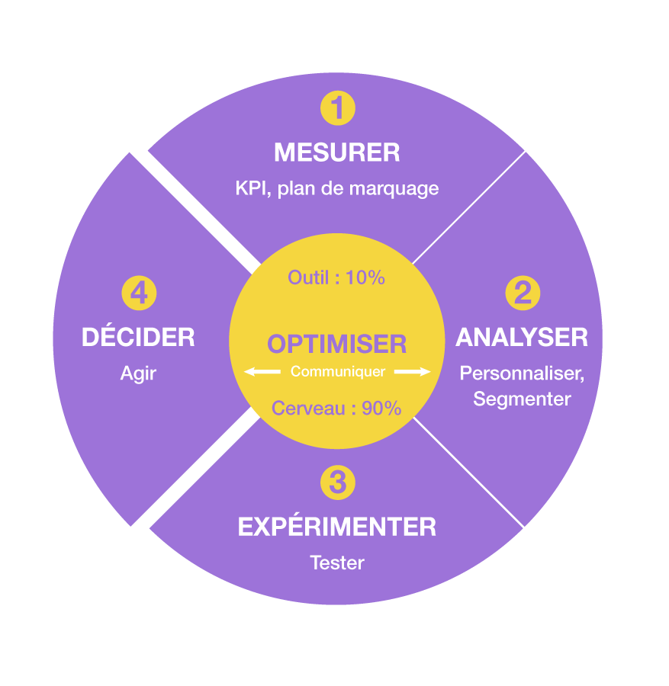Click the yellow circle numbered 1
pyautogui.click(x=337, y=107)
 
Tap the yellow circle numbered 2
pyautogui.click(x=523, y=293)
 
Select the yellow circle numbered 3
pyautogui.click(x=337, y=482)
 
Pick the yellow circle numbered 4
pyautogui.click(x=139, y=293)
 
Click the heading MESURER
pyautogui.click(x=336, y=152)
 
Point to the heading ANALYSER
pyautogui.click(x=522, y=337)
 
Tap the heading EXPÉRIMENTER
pyautogui.click(x=336, y=527)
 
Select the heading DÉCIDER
pyautogui.click(x=138, y=337)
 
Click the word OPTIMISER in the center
pyautogui.click(x=336, y=344)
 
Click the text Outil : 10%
pyautogui.click(x=336, y=277)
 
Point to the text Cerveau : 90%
pyautogui.click(x=336, y=409)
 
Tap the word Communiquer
pyautogui.click(x=337, y=372)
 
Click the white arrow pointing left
pyautogui.click(x=261, y=372)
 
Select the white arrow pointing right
pyautogui.click(x=413, y=372)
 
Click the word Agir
pyautogui.click(x=138, y=374)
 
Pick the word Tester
pyautogui.click(x=336, y=563)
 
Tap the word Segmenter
pyautogui.click(x=522, y=399)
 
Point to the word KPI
pyautogui.click(x=250, y=188)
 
